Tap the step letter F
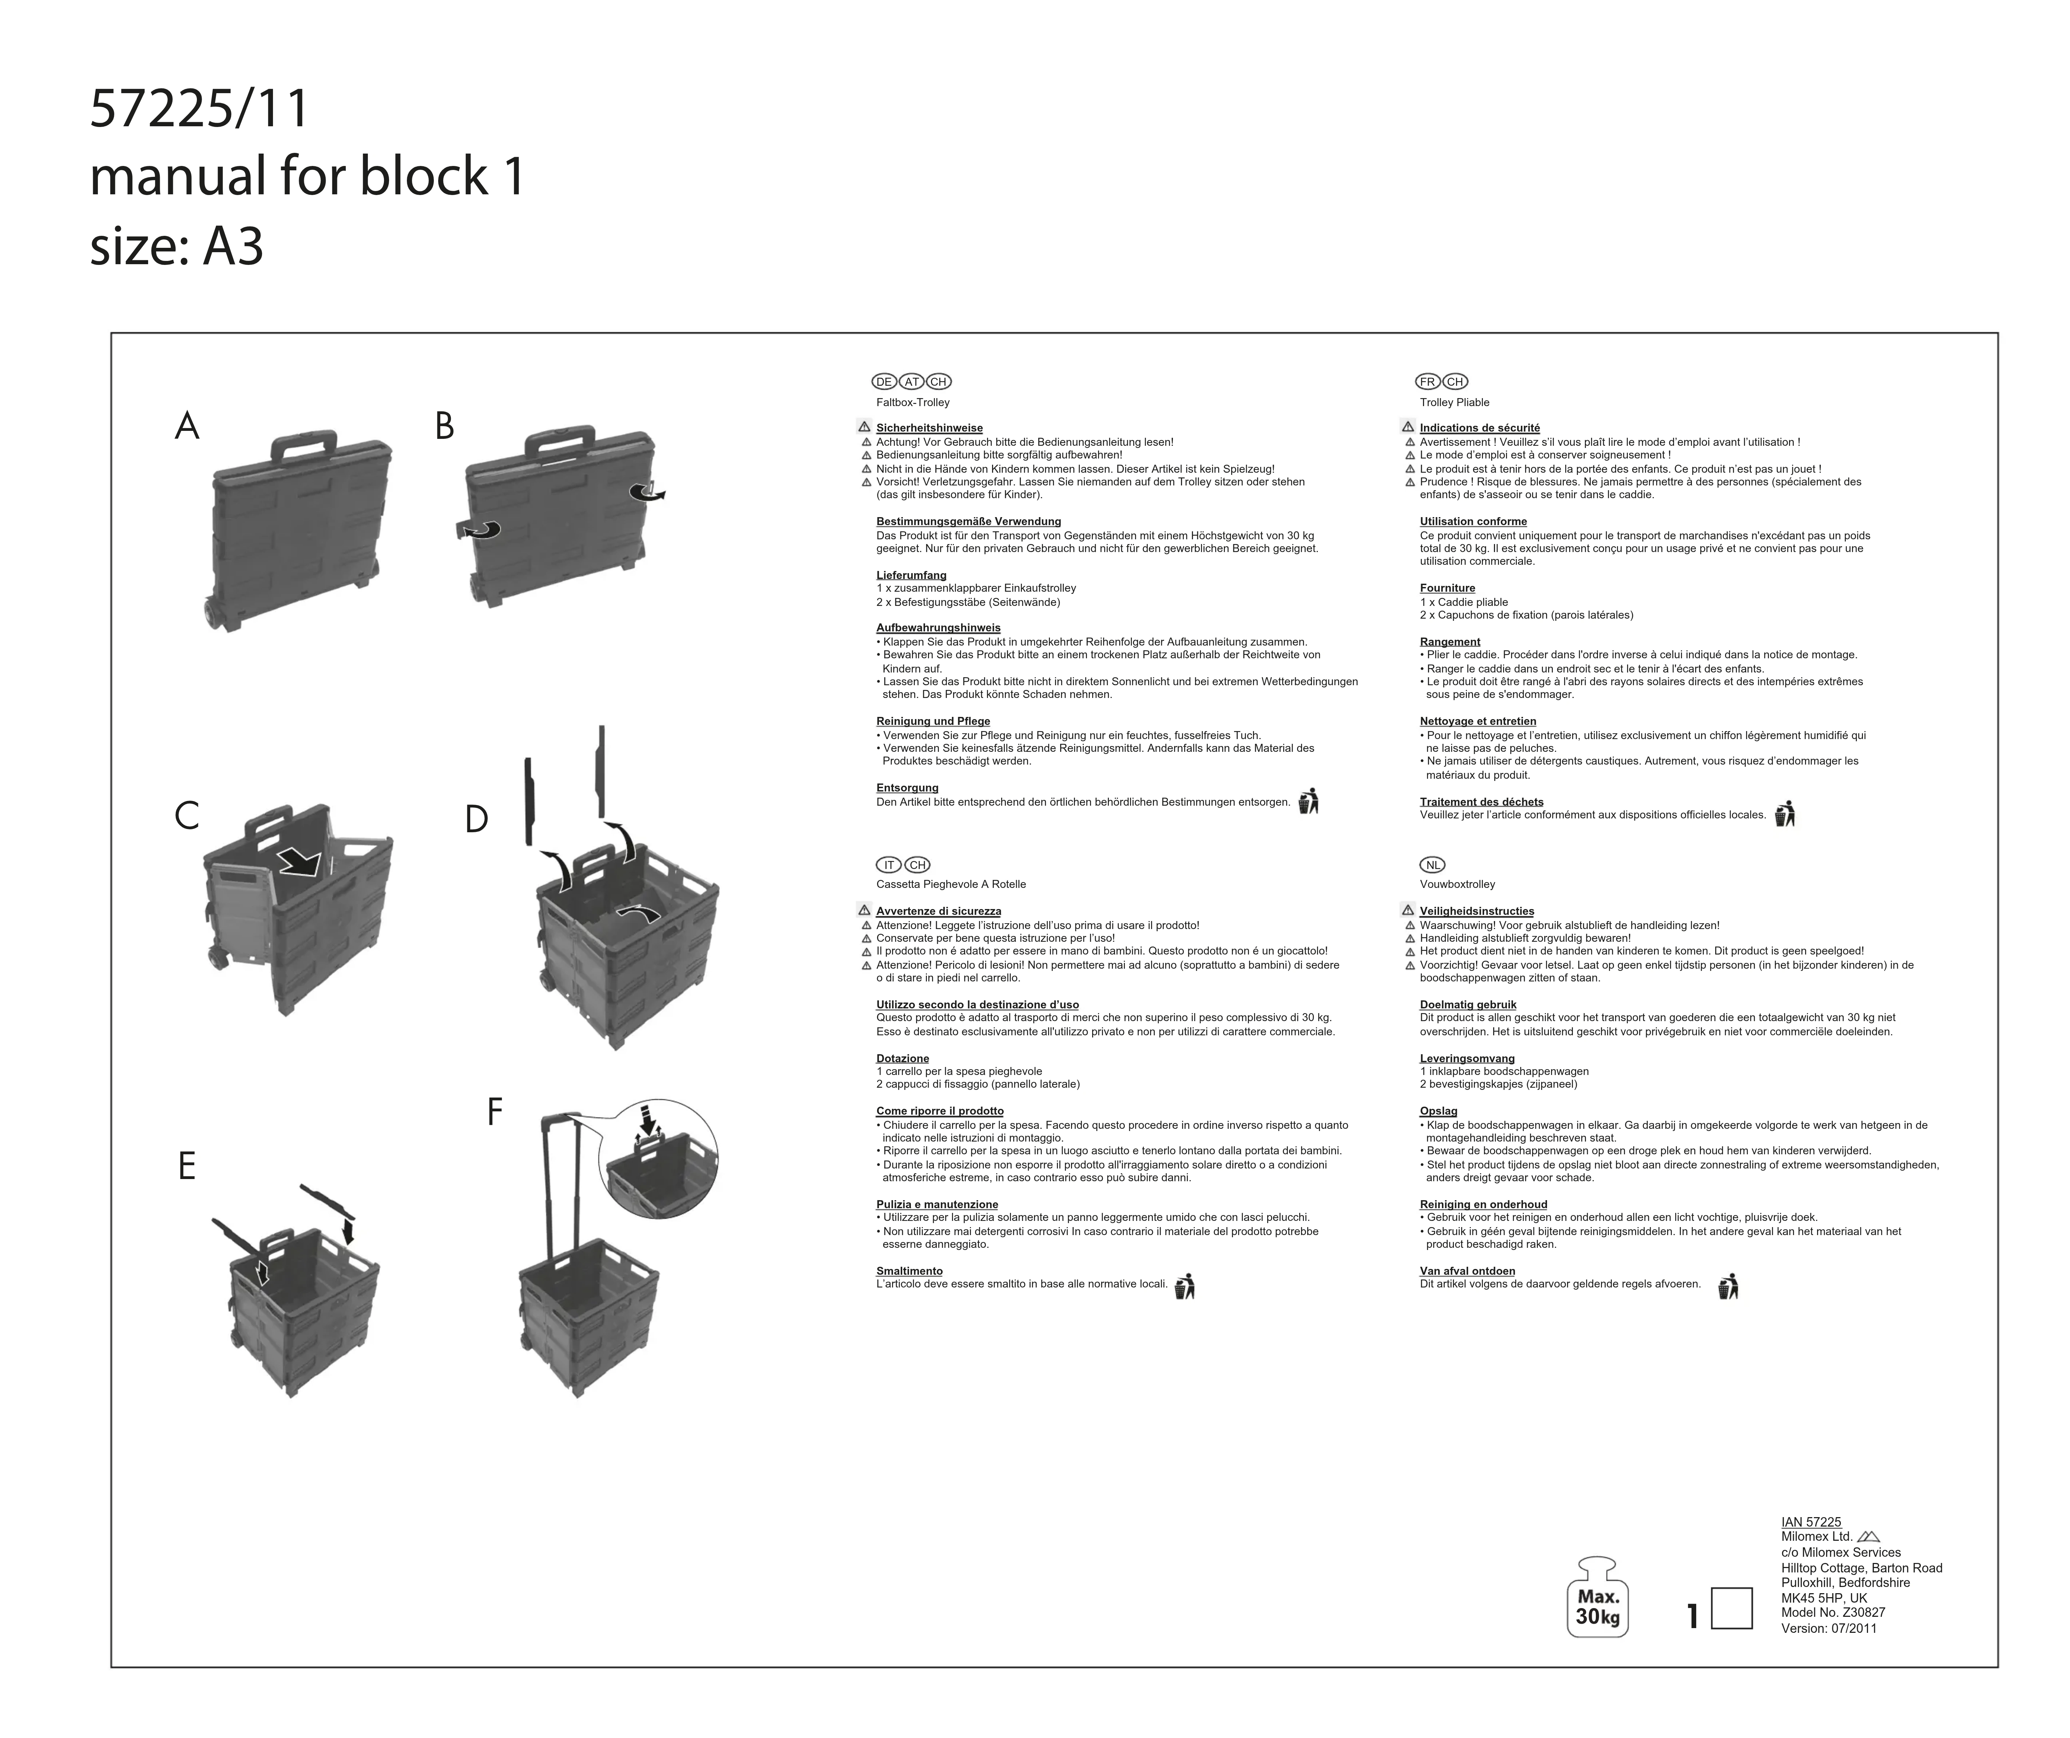point(495,1112)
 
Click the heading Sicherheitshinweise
point(928,428)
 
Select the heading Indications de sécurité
point(1479,428)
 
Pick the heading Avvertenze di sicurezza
point(937,911)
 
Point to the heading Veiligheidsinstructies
point(1476,911)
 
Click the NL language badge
point(1432,865)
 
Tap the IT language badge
point(888,865)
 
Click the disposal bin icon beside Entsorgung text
point(1308,801)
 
